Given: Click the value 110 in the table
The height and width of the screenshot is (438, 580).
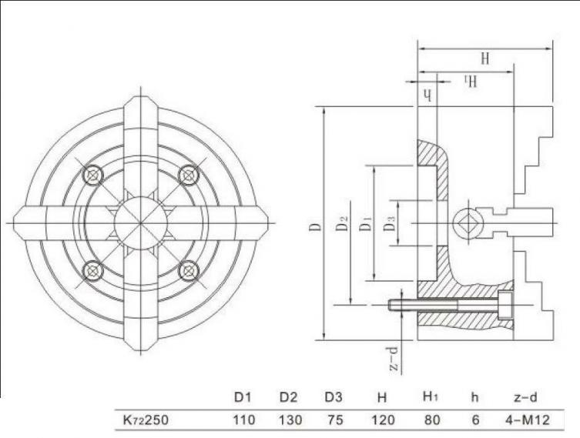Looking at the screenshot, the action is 244,420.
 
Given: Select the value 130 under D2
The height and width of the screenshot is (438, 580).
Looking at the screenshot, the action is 290,420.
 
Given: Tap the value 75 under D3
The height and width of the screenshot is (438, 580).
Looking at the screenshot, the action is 335,420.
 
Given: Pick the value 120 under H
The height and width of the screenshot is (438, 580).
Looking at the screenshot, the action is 383,420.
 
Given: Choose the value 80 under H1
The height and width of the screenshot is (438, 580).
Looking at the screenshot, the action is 432,420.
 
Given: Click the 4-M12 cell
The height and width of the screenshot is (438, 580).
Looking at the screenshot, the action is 528,420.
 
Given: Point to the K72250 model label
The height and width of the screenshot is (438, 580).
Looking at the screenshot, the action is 146,420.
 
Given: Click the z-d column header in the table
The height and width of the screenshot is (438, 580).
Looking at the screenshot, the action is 525,397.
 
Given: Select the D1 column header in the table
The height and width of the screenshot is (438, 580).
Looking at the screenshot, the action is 243,397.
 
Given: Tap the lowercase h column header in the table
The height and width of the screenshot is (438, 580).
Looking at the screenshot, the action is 475,397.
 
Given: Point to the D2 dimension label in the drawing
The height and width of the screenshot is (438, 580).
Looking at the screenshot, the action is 343,223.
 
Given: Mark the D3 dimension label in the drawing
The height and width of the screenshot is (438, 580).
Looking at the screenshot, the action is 389,223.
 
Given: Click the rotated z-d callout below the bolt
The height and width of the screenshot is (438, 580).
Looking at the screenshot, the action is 394,358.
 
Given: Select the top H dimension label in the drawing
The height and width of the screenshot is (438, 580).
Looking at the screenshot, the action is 485,59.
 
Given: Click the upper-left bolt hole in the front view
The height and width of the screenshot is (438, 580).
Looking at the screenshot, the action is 92,175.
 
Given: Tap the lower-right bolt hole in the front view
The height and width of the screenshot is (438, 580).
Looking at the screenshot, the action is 189,270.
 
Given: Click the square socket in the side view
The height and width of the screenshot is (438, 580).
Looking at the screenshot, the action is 466,222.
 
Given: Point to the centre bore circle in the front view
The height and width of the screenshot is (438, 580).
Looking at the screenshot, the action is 140,223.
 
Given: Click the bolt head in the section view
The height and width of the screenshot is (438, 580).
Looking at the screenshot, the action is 505,306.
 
